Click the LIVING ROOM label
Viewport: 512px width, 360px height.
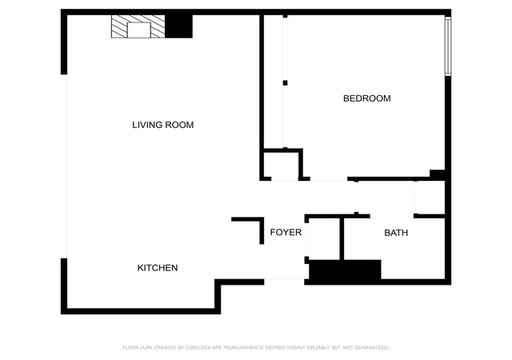point(162,125)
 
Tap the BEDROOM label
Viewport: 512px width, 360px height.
point(366,98)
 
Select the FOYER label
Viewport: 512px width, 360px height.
point(286,232)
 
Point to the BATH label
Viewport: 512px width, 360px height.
point(396,233)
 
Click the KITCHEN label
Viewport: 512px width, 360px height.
point(158,268)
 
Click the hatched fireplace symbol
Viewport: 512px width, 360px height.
point(138,26)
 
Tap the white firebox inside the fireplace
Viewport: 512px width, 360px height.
point(138,30)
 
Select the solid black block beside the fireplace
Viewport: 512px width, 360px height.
point(178,26)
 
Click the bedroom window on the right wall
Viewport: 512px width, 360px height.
point(448,46)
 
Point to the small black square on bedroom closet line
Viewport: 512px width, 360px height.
point(285,83)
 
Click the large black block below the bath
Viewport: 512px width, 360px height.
point(345,270)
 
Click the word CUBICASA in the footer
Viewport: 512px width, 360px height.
point(198,347)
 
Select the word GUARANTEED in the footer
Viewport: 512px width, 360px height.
point(372,347)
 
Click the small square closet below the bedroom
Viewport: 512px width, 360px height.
point(282,166)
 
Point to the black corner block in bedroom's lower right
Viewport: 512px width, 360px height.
point(438,174)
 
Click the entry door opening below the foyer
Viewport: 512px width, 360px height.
point(284,280)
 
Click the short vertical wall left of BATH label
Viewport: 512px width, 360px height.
point(342,239)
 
